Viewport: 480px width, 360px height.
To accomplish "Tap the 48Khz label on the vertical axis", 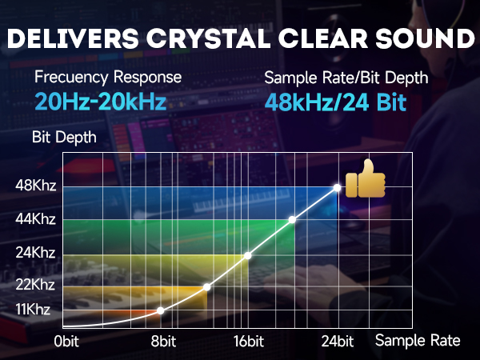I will click(x=34, y=186).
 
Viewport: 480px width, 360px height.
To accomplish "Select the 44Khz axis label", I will click(x=34, y=218).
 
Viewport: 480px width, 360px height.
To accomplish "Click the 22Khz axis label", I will click(x=34, y=285).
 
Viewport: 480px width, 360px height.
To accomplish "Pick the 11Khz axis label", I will click(x=34, y=309).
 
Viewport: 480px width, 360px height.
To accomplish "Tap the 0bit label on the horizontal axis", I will click(x=70, y=342).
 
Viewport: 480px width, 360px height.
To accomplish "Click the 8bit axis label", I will click(x=162, y=342).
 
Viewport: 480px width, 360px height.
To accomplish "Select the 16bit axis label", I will click(x=249, y=342).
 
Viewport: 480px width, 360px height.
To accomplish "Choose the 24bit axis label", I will click(x=338, y=342).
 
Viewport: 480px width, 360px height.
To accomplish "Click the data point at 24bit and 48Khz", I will click(x=338, y=188).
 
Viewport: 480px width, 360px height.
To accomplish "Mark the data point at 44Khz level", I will click(x=293, y=219).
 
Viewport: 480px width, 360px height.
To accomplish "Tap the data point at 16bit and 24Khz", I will click(x=248, y=255).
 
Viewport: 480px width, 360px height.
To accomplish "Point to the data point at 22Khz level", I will click(x=206, y=286).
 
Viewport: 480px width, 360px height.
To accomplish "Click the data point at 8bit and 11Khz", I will click(x=161, y=310).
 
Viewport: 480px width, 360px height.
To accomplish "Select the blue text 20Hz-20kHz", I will click(x=101, y=102).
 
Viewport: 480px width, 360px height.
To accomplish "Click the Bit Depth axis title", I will click(x=64, y=137).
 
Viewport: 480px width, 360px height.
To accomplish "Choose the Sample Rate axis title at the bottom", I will click(x=418, y=340).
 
